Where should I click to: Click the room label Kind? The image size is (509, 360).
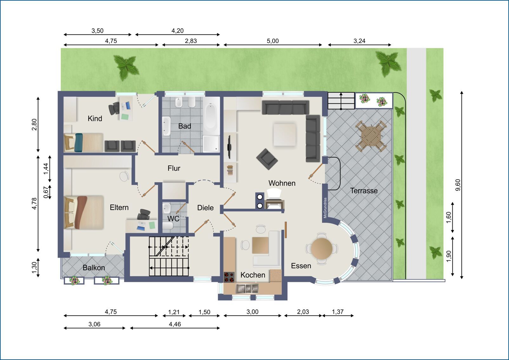tap(95, 119)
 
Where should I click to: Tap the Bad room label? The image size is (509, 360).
tap(184, 126)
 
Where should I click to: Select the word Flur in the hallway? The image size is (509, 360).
tap(174, 168)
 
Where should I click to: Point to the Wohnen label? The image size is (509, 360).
tap(282, 183)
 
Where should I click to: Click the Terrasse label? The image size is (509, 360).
tap(364, 191)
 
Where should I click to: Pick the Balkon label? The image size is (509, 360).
tap(94, 268)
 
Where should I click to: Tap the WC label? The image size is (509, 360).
tap(173, 219)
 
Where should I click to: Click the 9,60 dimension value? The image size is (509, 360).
tap(458, 185)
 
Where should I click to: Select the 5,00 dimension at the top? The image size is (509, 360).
tap(273, 41)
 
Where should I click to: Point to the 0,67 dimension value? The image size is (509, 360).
tap(46, 193)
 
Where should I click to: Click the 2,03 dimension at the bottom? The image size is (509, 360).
tap(303, 312)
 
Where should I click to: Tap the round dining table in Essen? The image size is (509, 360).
tap(322, 248)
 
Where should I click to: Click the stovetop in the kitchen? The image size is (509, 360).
tap(229, 277)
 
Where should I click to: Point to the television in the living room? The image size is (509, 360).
tap(229, 147)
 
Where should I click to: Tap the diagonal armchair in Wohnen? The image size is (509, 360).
tap(267, 159)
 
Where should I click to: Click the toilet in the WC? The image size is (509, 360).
tap(168, 226)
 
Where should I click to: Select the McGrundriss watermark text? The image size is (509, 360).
tap(325, 208)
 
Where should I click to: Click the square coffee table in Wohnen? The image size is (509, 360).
tap(285, 134)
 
